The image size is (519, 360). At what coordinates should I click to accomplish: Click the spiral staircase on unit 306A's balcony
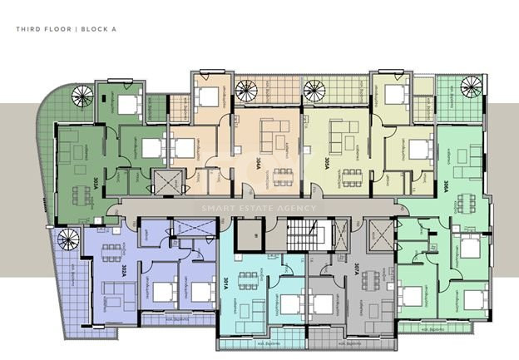coord(471,87)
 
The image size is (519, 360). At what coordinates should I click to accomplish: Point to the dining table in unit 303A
coord(81,194)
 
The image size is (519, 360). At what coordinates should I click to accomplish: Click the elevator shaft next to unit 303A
coord(165,181)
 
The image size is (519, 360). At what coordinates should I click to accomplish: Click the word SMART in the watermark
coord(214,208)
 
